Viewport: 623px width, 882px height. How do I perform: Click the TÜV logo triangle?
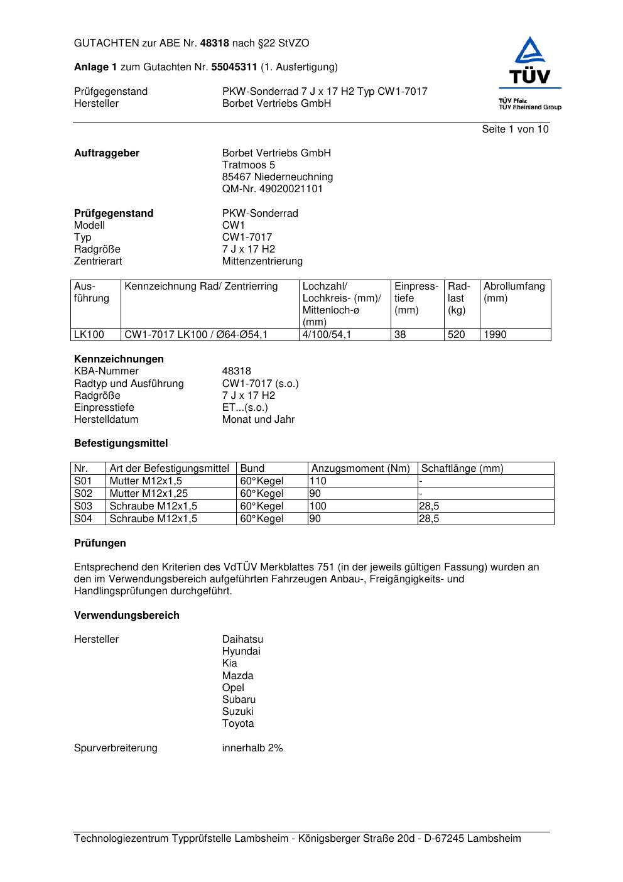[530, 52]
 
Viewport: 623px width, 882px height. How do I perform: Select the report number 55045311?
[234, 67]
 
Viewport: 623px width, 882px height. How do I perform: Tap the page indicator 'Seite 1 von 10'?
[515, 129]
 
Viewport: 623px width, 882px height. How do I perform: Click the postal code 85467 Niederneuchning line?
[277, 177]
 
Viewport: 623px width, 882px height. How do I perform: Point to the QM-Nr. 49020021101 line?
[272, 189]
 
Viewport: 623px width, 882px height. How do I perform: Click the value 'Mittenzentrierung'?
[262, 261]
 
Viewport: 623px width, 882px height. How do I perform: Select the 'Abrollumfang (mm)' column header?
[514, 292]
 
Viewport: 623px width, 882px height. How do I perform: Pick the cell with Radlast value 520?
[457, 335]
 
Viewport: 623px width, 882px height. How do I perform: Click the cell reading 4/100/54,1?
[327, 335]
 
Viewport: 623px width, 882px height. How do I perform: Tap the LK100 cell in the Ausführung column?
[89, 335]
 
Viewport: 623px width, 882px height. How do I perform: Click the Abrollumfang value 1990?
[495, 335]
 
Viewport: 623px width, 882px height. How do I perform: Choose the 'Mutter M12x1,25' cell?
[149, 494]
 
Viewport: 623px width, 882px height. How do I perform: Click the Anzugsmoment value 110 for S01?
[318, 481]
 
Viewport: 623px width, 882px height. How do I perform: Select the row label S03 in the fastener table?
[83, 506]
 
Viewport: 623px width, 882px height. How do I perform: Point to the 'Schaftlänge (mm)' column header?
[462, 469]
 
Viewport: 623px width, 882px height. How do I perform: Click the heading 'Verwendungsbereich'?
[127, 616]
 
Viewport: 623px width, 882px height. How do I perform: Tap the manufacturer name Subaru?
[239, 700]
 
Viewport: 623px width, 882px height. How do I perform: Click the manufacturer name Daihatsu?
[242, 640]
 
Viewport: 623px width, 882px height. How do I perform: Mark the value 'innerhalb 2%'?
[252, 748]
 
